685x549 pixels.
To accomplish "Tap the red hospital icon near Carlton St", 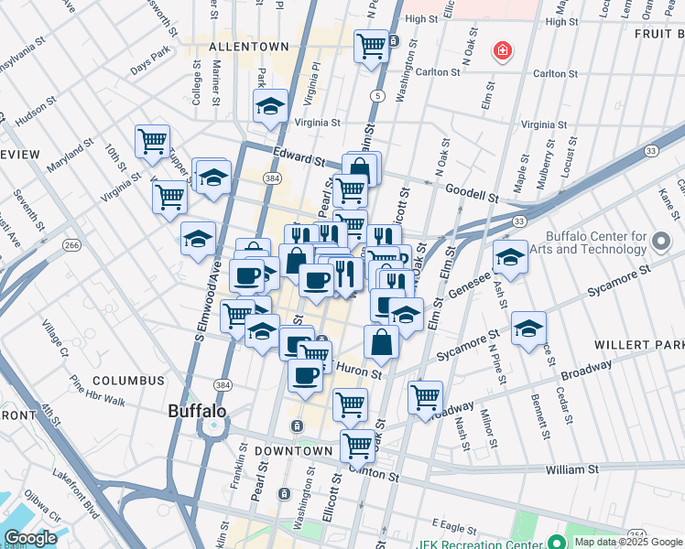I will coord(501,51).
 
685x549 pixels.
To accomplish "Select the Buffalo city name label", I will coord(197,412).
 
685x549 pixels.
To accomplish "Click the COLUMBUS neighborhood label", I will coord(128,380).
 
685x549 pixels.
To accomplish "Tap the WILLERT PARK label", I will coord(646,345).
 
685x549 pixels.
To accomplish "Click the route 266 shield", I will coord(71,245).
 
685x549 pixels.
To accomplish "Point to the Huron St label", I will coord(357,371).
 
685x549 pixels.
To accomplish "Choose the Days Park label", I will coord(150,65).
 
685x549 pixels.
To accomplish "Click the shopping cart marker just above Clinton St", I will coord(357,446).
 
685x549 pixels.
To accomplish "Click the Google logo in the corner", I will coord(30,538).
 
